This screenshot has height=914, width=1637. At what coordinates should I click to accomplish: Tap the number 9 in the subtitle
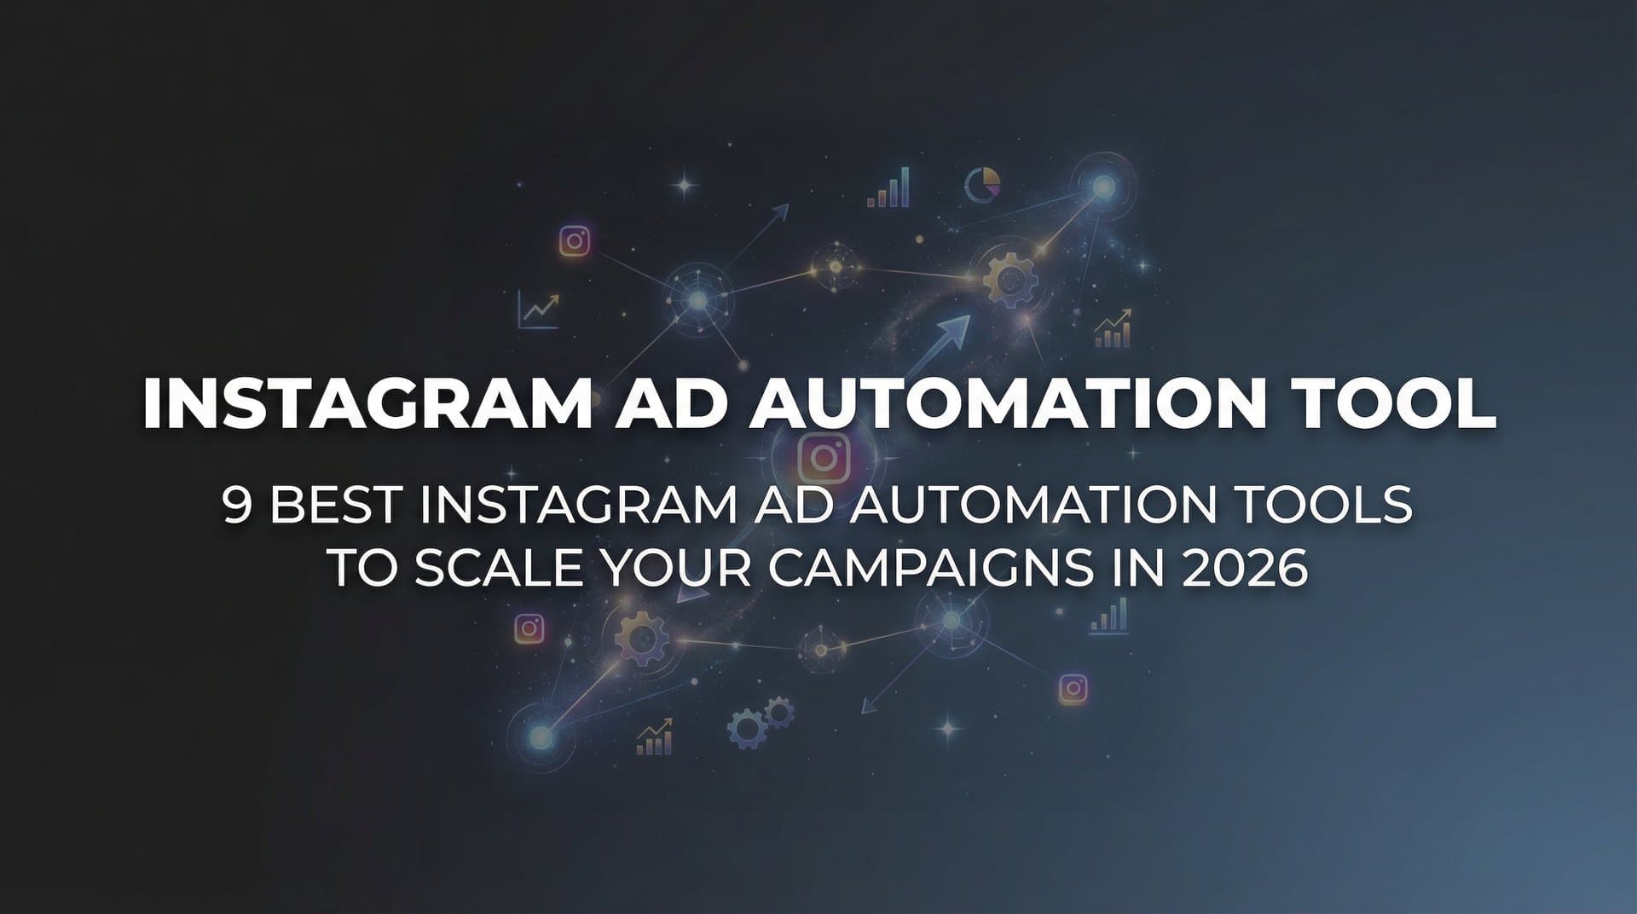pos(238,505)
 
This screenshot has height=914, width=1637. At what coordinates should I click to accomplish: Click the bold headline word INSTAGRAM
pos(367,402)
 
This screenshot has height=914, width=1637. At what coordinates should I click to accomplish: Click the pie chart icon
pos(982,183)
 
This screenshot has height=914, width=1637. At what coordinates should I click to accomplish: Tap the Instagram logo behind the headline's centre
pos(823,458)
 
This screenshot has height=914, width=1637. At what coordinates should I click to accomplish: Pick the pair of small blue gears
pos(760,721)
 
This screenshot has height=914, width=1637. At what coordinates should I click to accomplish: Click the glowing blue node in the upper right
pos(1103,186)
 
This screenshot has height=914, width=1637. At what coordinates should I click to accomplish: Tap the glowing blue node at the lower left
pos(540,734)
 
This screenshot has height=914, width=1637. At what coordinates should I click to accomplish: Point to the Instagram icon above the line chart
pos(575,241)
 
